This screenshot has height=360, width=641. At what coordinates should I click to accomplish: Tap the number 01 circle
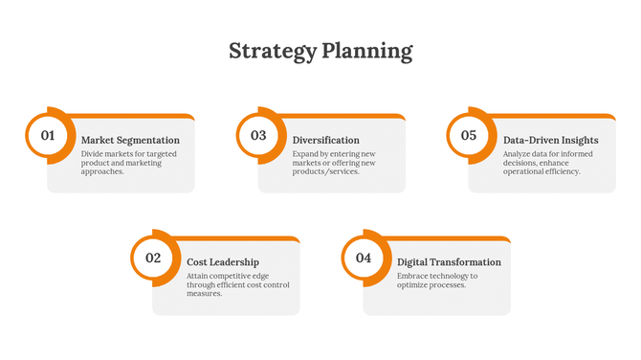[47, 136]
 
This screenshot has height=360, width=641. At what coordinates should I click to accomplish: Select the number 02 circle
[153, 258]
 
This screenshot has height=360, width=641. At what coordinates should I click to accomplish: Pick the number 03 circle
[258, 136]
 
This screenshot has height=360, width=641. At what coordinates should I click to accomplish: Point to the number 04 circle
[364, 258]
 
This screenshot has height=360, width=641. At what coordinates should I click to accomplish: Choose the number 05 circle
[469, 136]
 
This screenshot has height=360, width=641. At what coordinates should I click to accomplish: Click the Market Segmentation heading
[130, 140]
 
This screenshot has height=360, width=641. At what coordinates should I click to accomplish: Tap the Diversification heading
[326, 140]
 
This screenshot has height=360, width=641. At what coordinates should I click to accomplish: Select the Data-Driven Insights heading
[551, 140]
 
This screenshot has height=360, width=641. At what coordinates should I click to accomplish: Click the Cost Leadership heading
[223, 261]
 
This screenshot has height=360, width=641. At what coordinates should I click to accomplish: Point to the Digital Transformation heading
[449, 261]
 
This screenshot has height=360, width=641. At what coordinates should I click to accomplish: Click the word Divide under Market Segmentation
[93, 153]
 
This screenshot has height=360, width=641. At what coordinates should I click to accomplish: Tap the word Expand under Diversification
[306, 153]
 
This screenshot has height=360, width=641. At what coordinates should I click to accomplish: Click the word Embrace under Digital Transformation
[413, 276]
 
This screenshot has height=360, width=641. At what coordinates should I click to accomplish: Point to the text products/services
[325, 171]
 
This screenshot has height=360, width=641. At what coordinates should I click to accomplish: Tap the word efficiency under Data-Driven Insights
[560, 171]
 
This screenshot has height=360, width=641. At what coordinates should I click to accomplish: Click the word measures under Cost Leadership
[205, 294]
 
